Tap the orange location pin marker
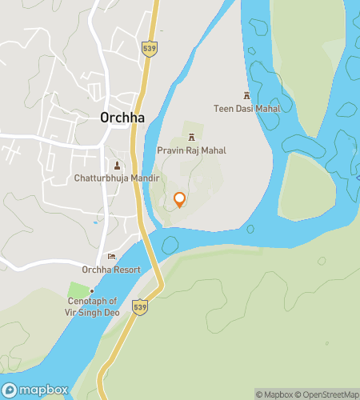point(179,200)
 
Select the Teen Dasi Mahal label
point(246,108)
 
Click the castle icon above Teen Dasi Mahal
point(246,94)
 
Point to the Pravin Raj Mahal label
point(191,150)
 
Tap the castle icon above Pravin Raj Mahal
point(191,137)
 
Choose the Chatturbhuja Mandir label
point(118,178)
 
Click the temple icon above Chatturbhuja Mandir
point(118,166)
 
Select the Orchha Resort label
point(112,270)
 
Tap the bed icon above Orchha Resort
point(112,256)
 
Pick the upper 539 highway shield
point(150,48)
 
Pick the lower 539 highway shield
point(140,306)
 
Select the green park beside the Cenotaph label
point(79,289)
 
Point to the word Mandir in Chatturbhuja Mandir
point(147,178)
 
